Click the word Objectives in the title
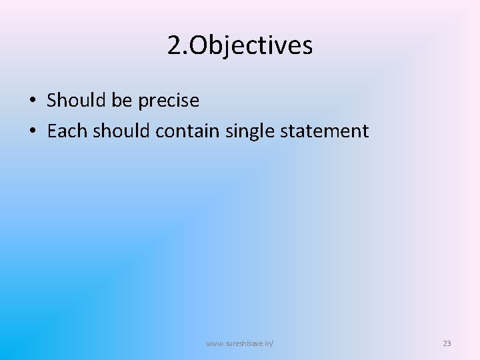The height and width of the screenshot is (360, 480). [251, 46]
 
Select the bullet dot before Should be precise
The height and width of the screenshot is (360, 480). [32, 101]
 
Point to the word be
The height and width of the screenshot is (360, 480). [122, 101]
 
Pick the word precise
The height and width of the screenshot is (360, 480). [169, 101]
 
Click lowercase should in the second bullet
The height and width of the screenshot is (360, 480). [122, 131]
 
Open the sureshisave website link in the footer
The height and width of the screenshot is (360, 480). [240, 343]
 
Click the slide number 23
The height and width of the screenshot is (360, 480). [447, 343]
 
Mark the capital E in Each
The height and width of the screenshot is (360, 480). [52, 131]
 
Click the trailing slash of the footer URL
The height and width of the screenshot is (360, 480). [273, 343]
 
